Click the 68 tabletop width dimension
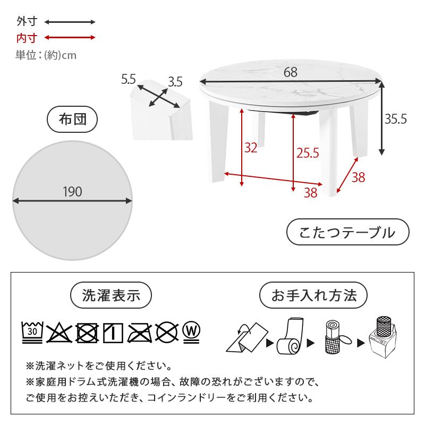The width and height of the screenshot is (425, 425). click(x=290, y=72)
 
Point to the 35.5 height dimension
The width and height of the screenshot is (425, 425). click(x=396, y=120)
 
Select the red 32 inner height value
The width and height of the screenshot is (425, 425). click(x=250, y=147)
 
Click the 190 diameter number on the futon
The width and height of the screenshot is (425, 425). click(x=72, y=192)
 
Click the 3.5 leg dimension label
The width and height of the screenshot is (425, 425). click(x=175, y=81)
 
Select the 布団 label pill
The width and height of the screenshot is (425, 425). click(x=73, y=120)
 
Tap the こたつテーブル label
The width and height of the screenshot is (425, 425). click(x=347, y=233)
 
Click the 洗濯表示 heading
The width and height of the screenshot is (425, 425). click(x=112, y=295)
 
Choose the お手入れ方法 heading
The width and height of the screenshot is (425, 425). click(x=313, y=295)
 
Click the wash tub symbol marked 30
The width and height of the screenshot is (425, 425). click(x=32, y=332)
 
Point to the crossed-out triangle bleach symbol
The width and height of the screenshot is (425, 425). click(x=59, y=333)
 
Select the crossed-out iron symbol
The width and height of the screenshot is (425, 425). click(x=140, y=333)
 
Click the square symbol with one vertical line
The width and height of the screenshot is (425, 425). click(x=113, y=333)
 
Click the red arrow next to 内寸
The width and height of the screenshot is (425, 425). click(x=70, y=38)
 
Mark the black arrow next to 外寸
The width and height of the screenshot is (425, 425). click(x=70, y=22)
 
